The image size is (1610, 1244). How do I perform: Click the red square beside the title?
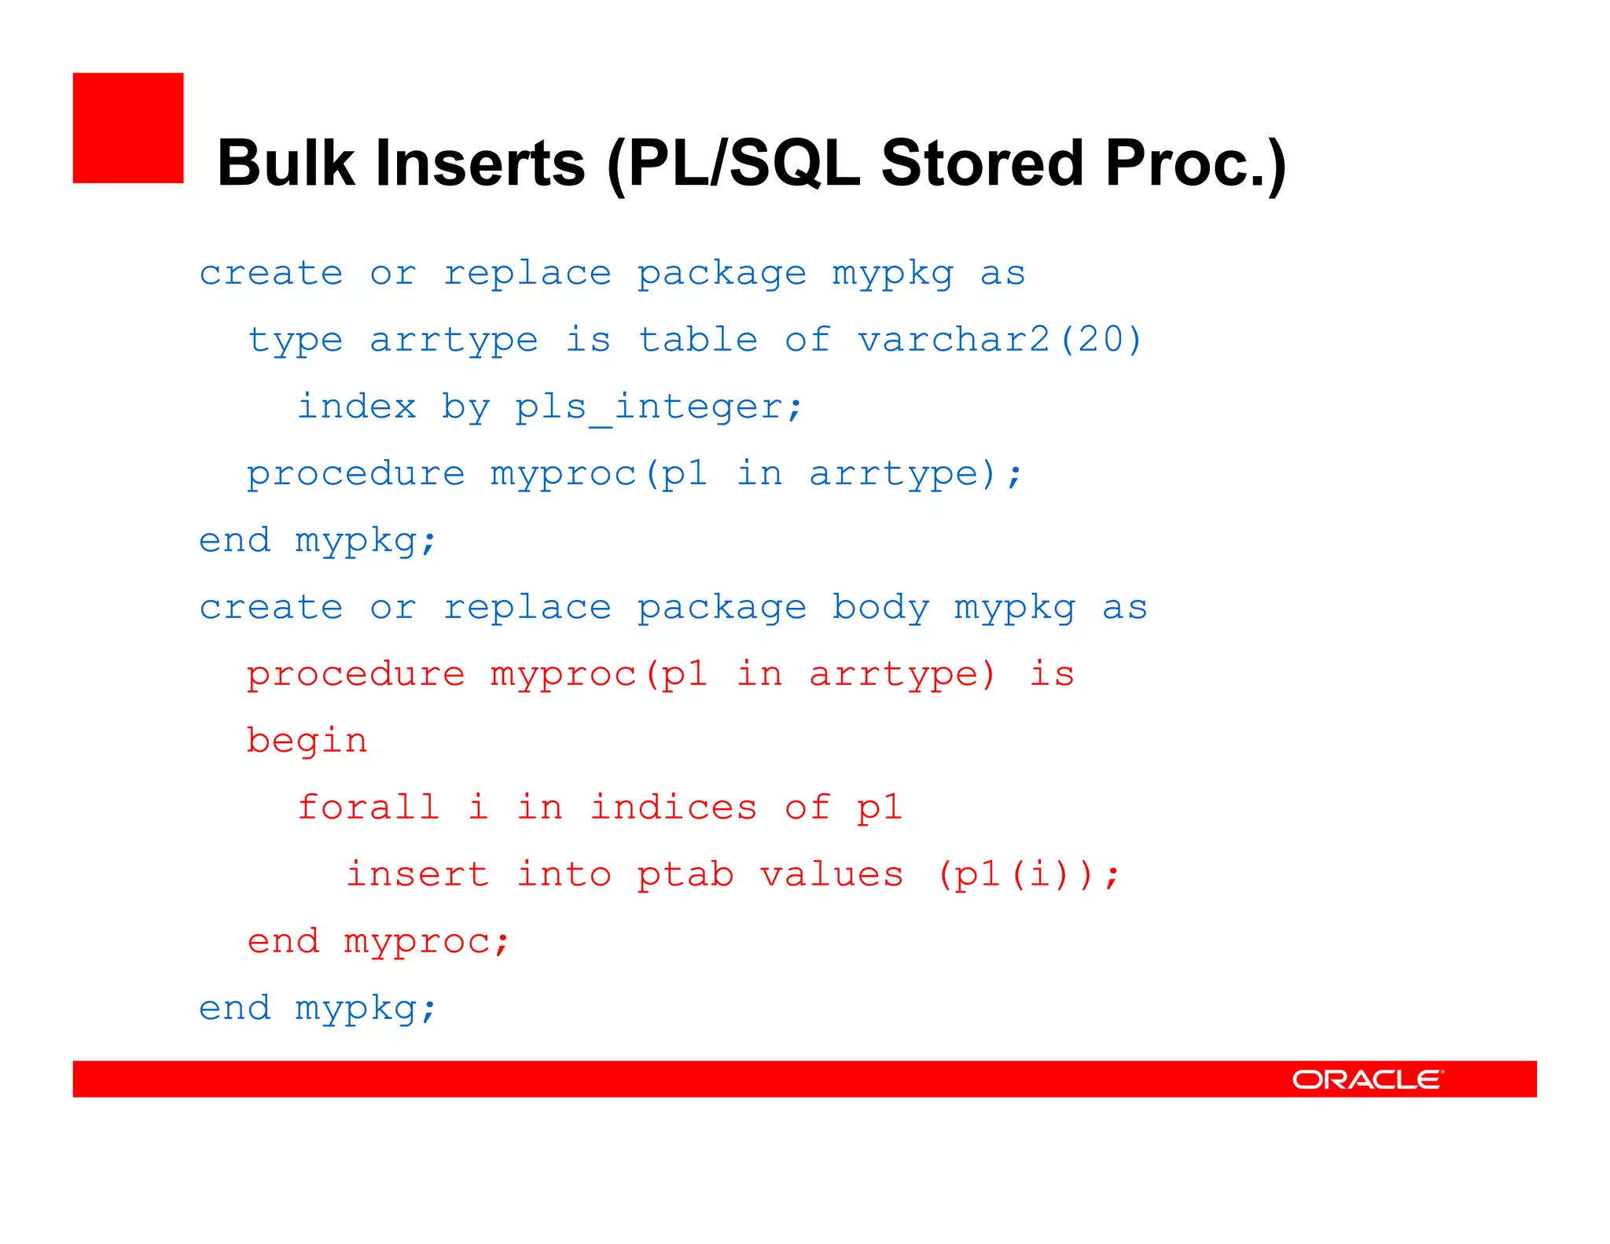pos(128,128)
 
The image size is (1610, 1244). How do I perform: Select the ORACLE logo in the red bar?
pos(1367,1079)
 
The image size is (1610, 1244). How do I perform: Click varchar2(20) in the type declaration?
pos(998,340)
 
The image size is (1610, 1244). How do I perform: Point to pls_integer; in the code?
pos(658,407)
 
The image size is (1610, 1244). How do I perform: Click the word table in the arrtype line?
pos(697,340)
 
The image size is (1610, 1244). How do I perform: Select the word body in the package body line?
pos(880,608)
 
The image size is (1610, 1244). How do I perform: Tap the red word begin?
pos(307,742)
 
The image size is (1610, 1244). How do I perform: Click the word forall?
pos(368,808)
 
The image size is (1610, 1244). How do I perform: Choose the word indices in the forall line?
pos(673,808)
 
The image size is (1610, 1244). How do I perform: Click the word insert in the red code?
pos(417,874)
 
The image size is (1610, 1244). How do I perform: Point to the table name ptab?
pos(685,874)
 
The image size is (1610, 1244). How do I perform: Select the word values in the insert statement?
pos(832,874)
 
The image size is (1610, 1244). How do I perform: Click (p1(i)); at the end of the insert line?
pos(1027,874)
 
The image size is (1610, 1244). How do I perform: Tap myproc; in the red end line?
pos(427,941)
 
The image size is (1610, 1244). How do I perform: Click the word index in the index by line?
pos(357,407)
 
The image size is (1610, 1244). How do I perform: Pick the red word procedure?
pos(355,675)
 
